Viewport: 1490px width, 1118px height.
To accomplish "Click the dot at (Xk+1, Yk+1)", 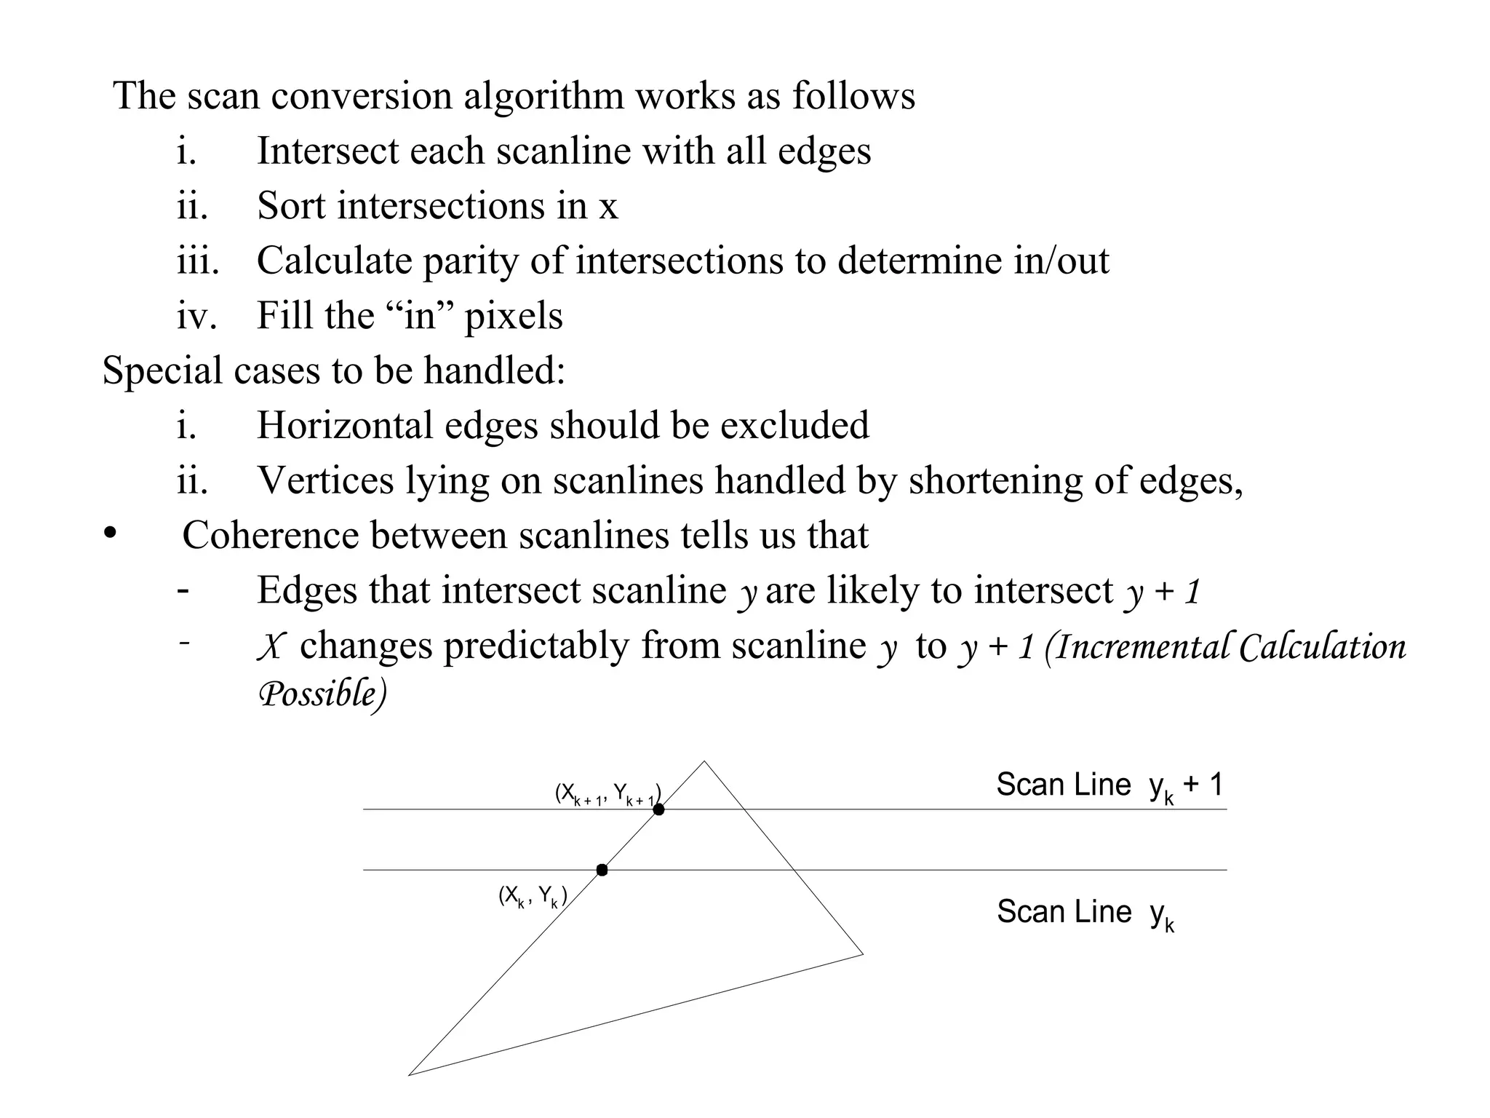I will click(658, 809).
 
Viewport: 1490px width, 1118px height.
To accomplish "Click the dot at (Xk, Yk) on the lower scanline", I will click(602, 870).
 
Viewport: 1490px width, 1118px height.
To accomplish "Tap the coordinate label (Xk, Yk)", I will click(533, 897).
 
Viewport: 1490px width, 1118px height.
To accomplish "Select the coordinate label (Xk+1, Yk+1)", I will click(607, 794).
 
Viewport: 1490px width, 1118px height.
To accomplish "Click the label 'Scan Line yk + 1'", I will click(1109, 786).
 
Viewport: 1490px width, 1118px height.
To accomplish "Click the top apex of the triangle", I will click(704, 762).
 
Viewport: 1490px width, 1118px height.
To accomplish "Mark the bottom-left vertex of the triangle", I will click(410, 1074).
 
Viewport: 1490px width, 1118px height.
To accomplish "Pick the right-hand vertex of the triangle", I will click(862, 954).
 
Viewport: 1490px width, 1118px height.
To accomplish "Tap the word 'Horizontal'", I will click(345, 425).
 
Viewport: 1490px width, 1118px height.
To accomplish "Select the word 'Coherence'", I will click(271, 536).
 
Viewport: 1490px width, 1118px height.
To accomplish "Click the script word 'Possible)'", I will click(322, 694).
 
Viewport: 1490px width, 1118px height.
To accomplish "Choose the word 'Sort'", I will click(291, 205).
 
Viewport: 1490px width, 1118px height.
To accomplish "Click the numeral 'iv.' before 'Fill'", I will click(196, 316).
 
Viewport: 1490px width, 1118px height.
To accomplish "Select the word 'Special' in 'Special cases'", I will click(162, 370).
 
